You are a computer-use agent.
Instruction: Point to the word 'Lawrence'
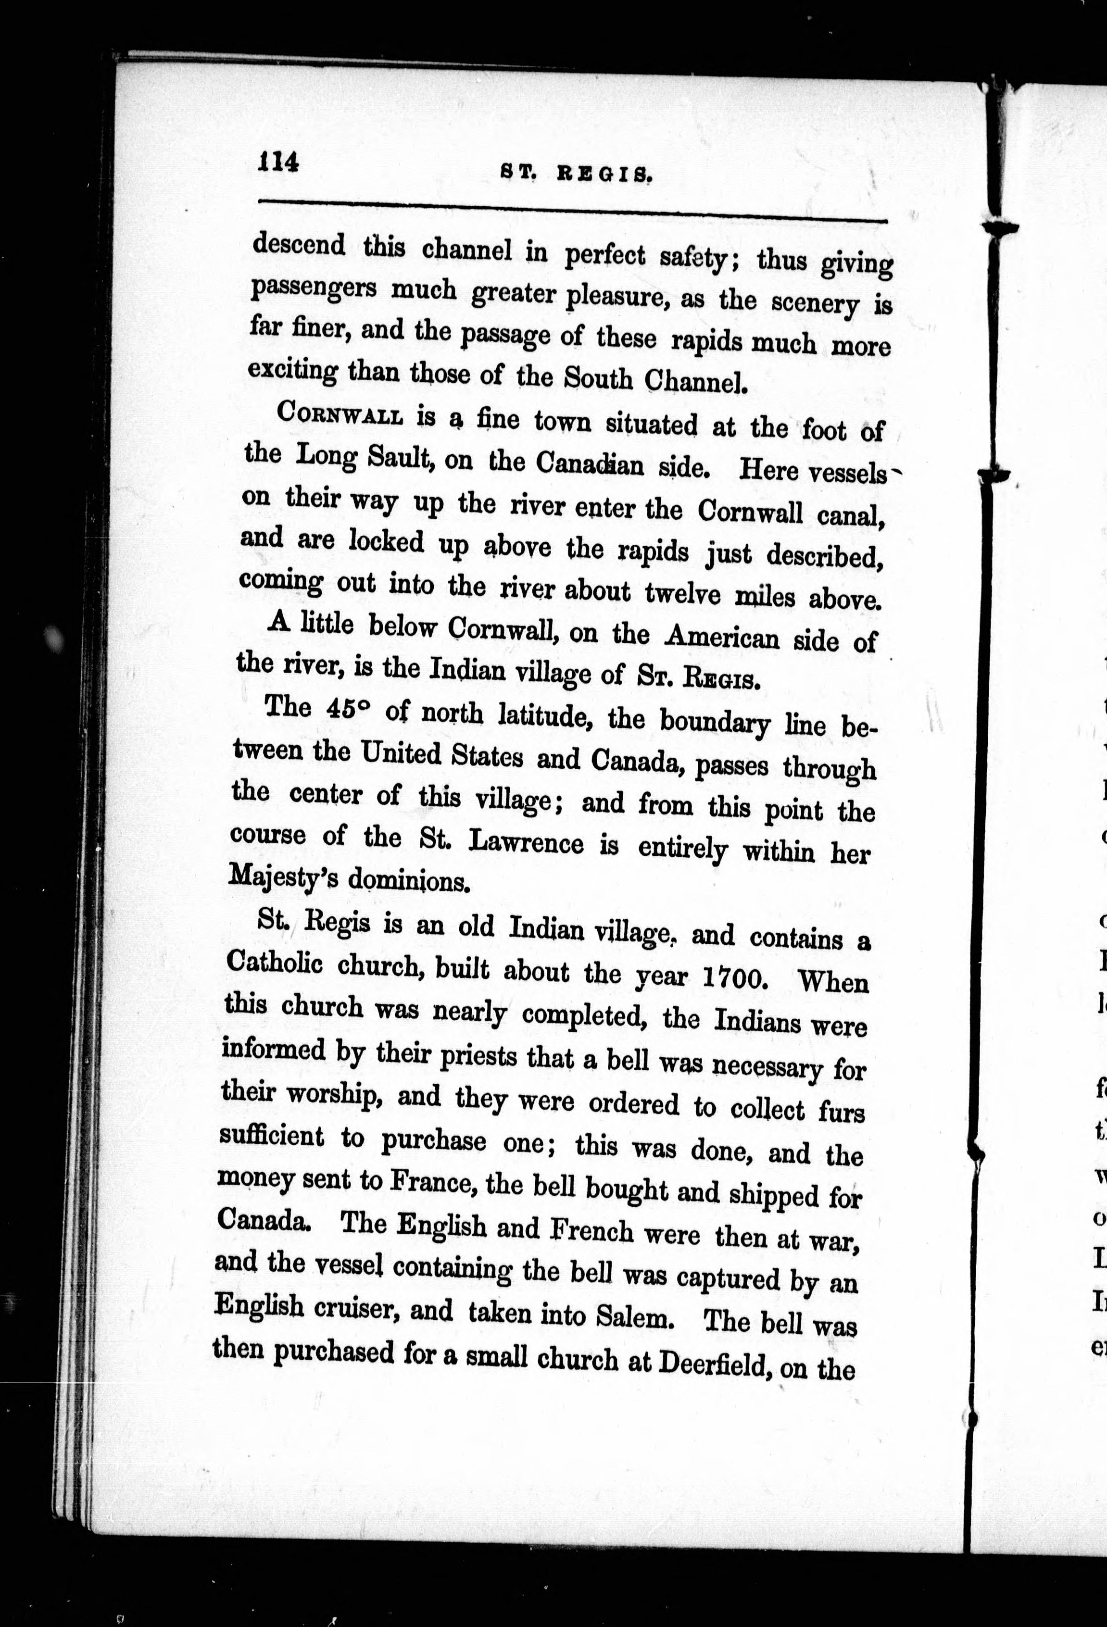click(525, 842)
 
